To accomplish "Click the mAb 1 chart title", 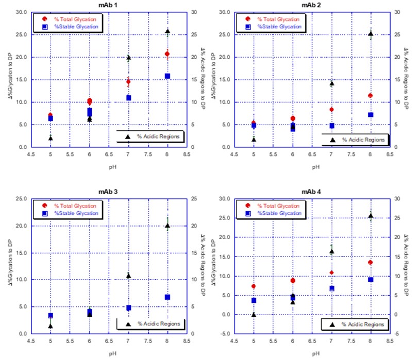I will click(x=109, y=5).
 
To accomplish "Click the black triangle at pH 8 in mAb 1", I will click(x=167, y=31).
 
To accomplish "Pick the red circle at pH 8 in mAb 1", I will click(x=167, y=54).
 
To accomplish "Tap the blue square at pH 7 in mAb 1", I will click(x=128, y=98).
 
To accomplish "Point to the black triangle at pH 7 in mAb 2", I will click(x=331, y=83).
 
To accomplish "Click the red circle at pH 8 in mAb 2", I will click(x=371, y=95).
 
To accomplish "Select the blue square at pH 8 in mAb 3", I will click(x=167, y=297).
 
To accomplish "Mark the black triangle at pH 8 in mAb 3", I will click(x=167, y=225).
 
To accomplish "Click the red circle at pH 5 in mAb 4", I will click(x=254, y=286).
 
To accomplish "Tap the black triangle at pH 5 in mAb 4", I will click(x=254, y=314).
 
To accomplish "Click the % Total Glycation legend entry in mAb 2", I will click(x=278, y=19).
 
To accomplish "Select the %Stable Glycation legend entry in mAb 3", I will click(x=76, y=213).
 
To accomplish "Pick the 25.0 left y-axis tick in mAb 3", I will click(x=21, y=199).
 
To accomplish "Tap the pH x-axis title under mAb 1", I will click(x=109, y=166).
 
